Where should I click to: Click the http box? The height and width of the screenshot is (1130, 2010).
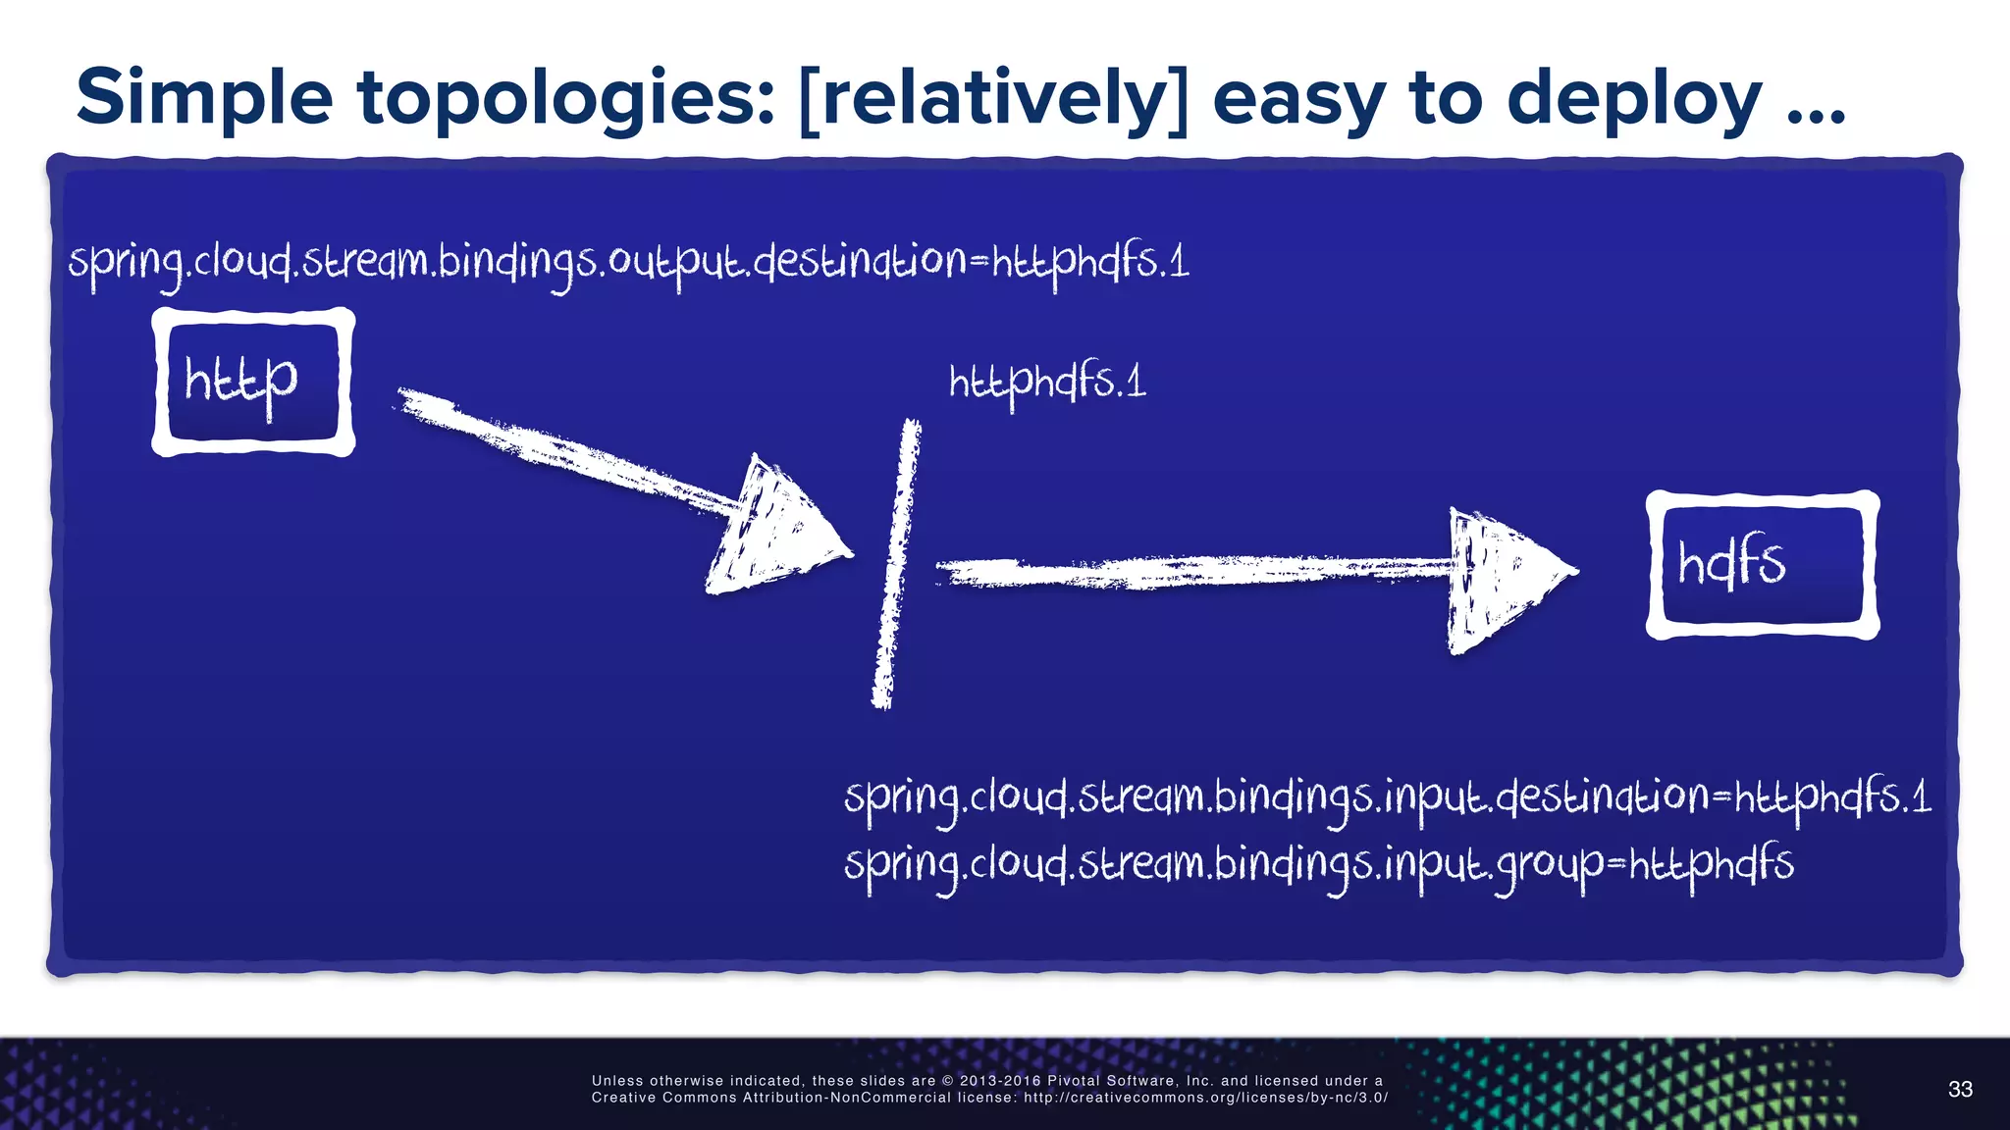pos(253,382)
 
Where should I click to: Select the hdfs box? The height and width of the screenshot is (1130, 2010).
pos(1762,565)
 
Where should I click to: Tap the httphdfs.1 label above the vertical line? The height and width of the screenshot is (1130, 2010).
pos(1046,382)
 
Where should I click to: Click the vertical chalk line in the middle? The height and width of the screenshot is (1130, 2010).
pos(895,564)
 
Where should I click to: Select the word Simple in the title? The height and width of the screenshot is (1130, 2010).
pos(204,98)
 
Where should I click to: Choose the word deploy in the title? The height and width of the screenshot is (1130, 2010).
pos(1633,98)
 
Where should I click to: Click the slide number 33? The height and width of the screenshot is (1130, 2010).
pos(1960,1089)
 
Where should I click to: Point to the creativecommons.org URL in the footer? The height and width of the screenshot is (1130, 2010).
pos(1205,1098)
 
